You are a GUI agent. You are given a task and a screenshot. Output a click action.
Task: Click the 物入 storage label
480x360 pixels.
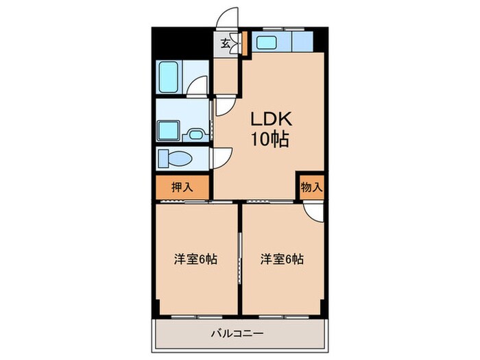pyautogui.click(x=311, y=187)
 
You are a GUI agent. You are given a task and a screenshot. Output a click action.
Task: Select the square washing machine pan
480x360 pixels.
pyautogui.click(x=167, y=131)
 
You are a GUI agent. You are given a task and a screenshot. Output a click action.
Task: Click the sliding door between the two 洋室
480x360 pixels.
pyautogui.click(x=239, y=257)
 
